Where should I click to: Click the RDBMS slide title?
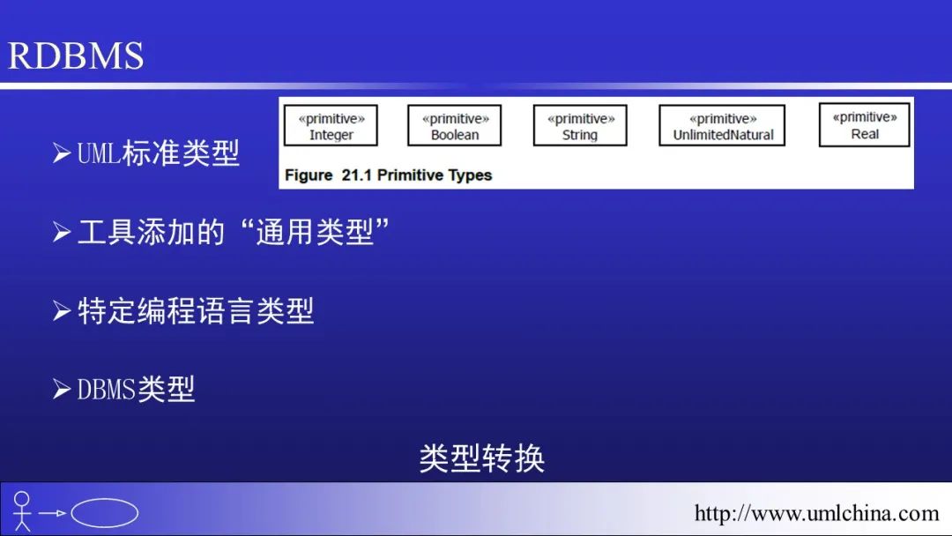75,56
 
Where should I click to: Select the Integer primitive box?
331,126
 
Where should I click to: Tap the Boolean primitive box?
455,126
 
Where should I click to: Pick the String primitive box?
580,126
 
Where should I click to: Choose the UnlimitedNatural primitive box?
723,126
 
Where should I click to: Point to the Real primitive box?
865,125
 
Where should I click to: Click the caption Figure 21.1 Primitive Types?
388,175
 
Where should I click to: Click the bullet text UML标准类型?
159,153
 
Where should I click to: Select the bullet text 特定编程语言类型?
196,311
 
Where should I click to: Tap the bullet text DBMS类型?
136,389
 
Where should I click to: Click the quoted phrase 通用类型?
315,232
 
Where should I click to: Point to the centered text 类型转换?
482,458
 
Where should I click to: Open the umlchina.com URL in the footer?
816,514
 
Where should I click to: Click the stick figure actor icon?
22,511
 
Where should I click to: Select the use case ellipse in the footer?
104,513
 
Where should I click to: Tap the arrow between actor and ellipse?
52,513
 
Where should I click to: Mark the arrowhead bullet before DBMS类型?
62,389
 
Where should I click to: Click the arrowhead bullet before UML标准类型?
62,153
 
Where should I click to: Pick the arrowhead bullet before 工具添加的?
62,232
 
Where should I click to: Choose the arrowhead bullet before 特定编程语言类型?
62,311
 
